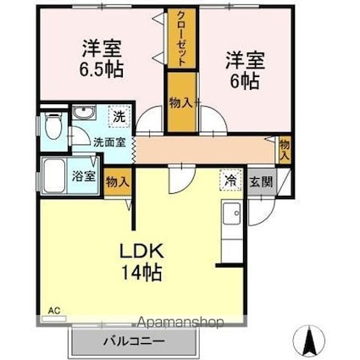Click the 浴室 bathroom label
coord(82,177)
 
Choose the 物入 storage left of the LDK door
coord(117,180)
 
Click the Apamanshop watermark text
coord(180,323)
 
